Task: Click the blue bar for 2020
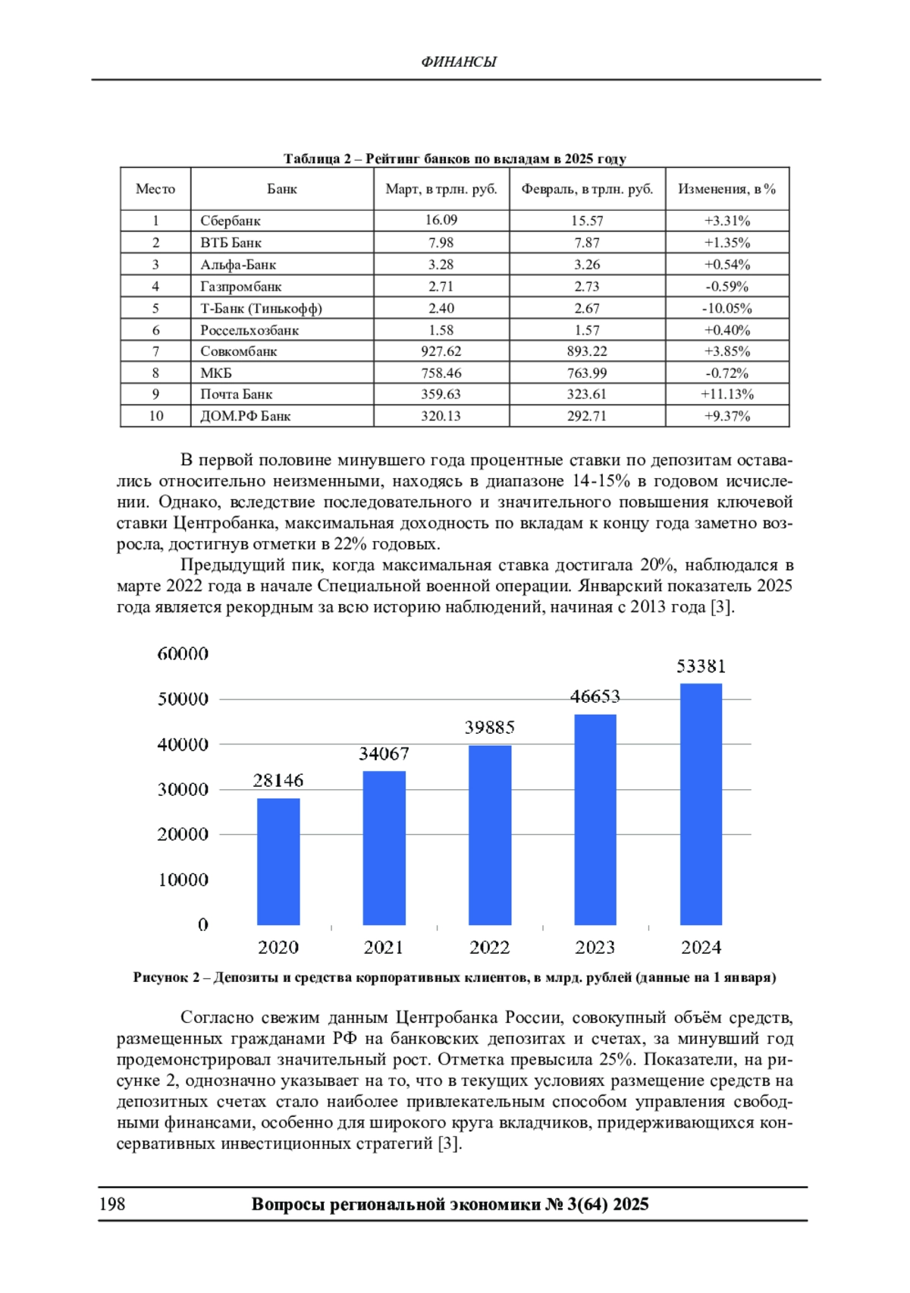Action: [x=278, y=861]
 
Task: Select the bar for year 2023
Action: [x=595, y=820]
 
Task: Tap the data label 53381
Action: [x=701, y=666]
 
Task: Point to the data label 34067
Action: [x=384, y=753]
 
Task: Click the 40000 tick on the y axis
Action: [x=183, y=744]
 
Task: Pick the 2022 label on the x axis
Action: [x=489, y=947]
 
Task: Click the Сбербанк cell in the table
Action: [x=231, y=221]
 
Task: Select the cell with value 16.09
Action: [x=441, y=220]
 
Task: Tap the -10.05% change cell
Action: [x=726, y=308]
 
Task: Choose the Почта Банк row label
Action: [x=236, y=394]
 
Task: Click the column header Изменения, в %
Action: [x=726, y=189]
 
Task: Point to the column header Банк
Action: [x=281, y=189]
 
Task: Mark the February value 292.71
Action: [x=586, y=416]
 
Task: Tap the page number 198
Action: [x=112, y=1204]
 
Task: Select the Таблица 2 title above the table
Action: [x=454, y=159]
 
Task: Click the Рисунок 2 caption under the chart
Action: [x=454, y=977]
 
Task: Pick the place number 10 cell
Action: [x=155, y=416]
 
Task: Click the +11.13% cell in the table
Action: [x=726, y=394]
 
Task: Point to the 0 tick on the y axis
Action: [x=202, y=924]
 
